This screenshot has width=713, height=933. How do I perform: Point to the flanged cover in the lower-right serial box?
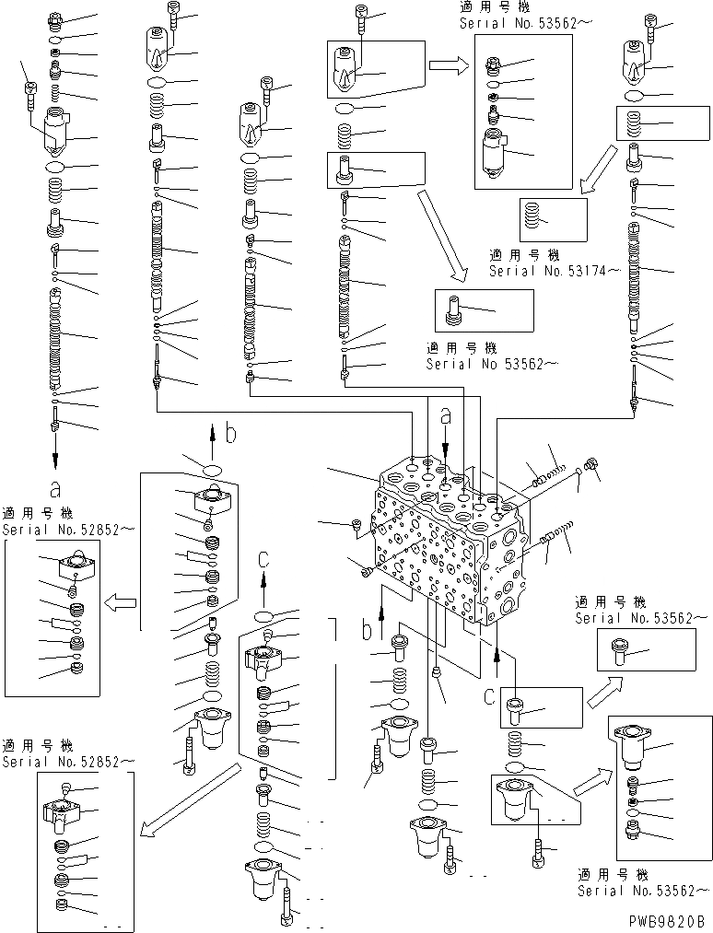pyautogui.click(x=634, y=744)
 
